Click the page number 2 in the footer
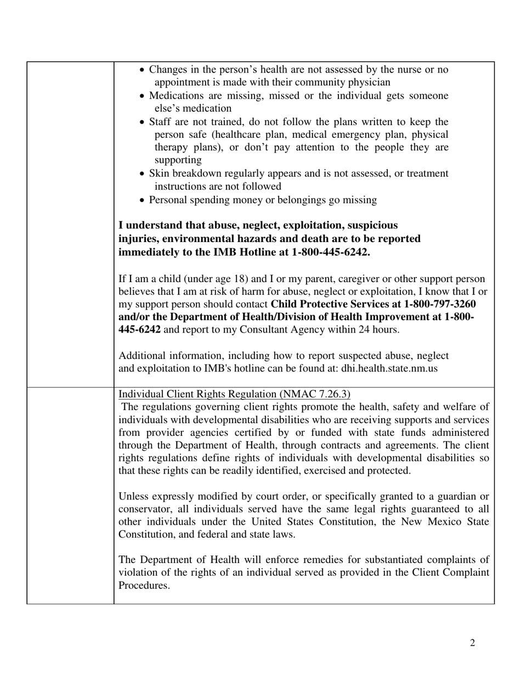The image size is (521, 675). (x=472, y=643)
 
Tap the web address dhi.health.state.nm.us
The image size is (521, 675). (x=389, y=368)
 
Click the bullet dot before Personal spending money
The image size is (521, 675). (x=143, y=200)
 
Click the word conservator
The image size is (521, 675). (x=144, y=509)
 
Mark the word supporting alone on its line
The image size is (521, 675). (x=178, y=160)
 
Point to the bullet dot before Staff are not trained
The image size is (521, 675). (x=143, y=122)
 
